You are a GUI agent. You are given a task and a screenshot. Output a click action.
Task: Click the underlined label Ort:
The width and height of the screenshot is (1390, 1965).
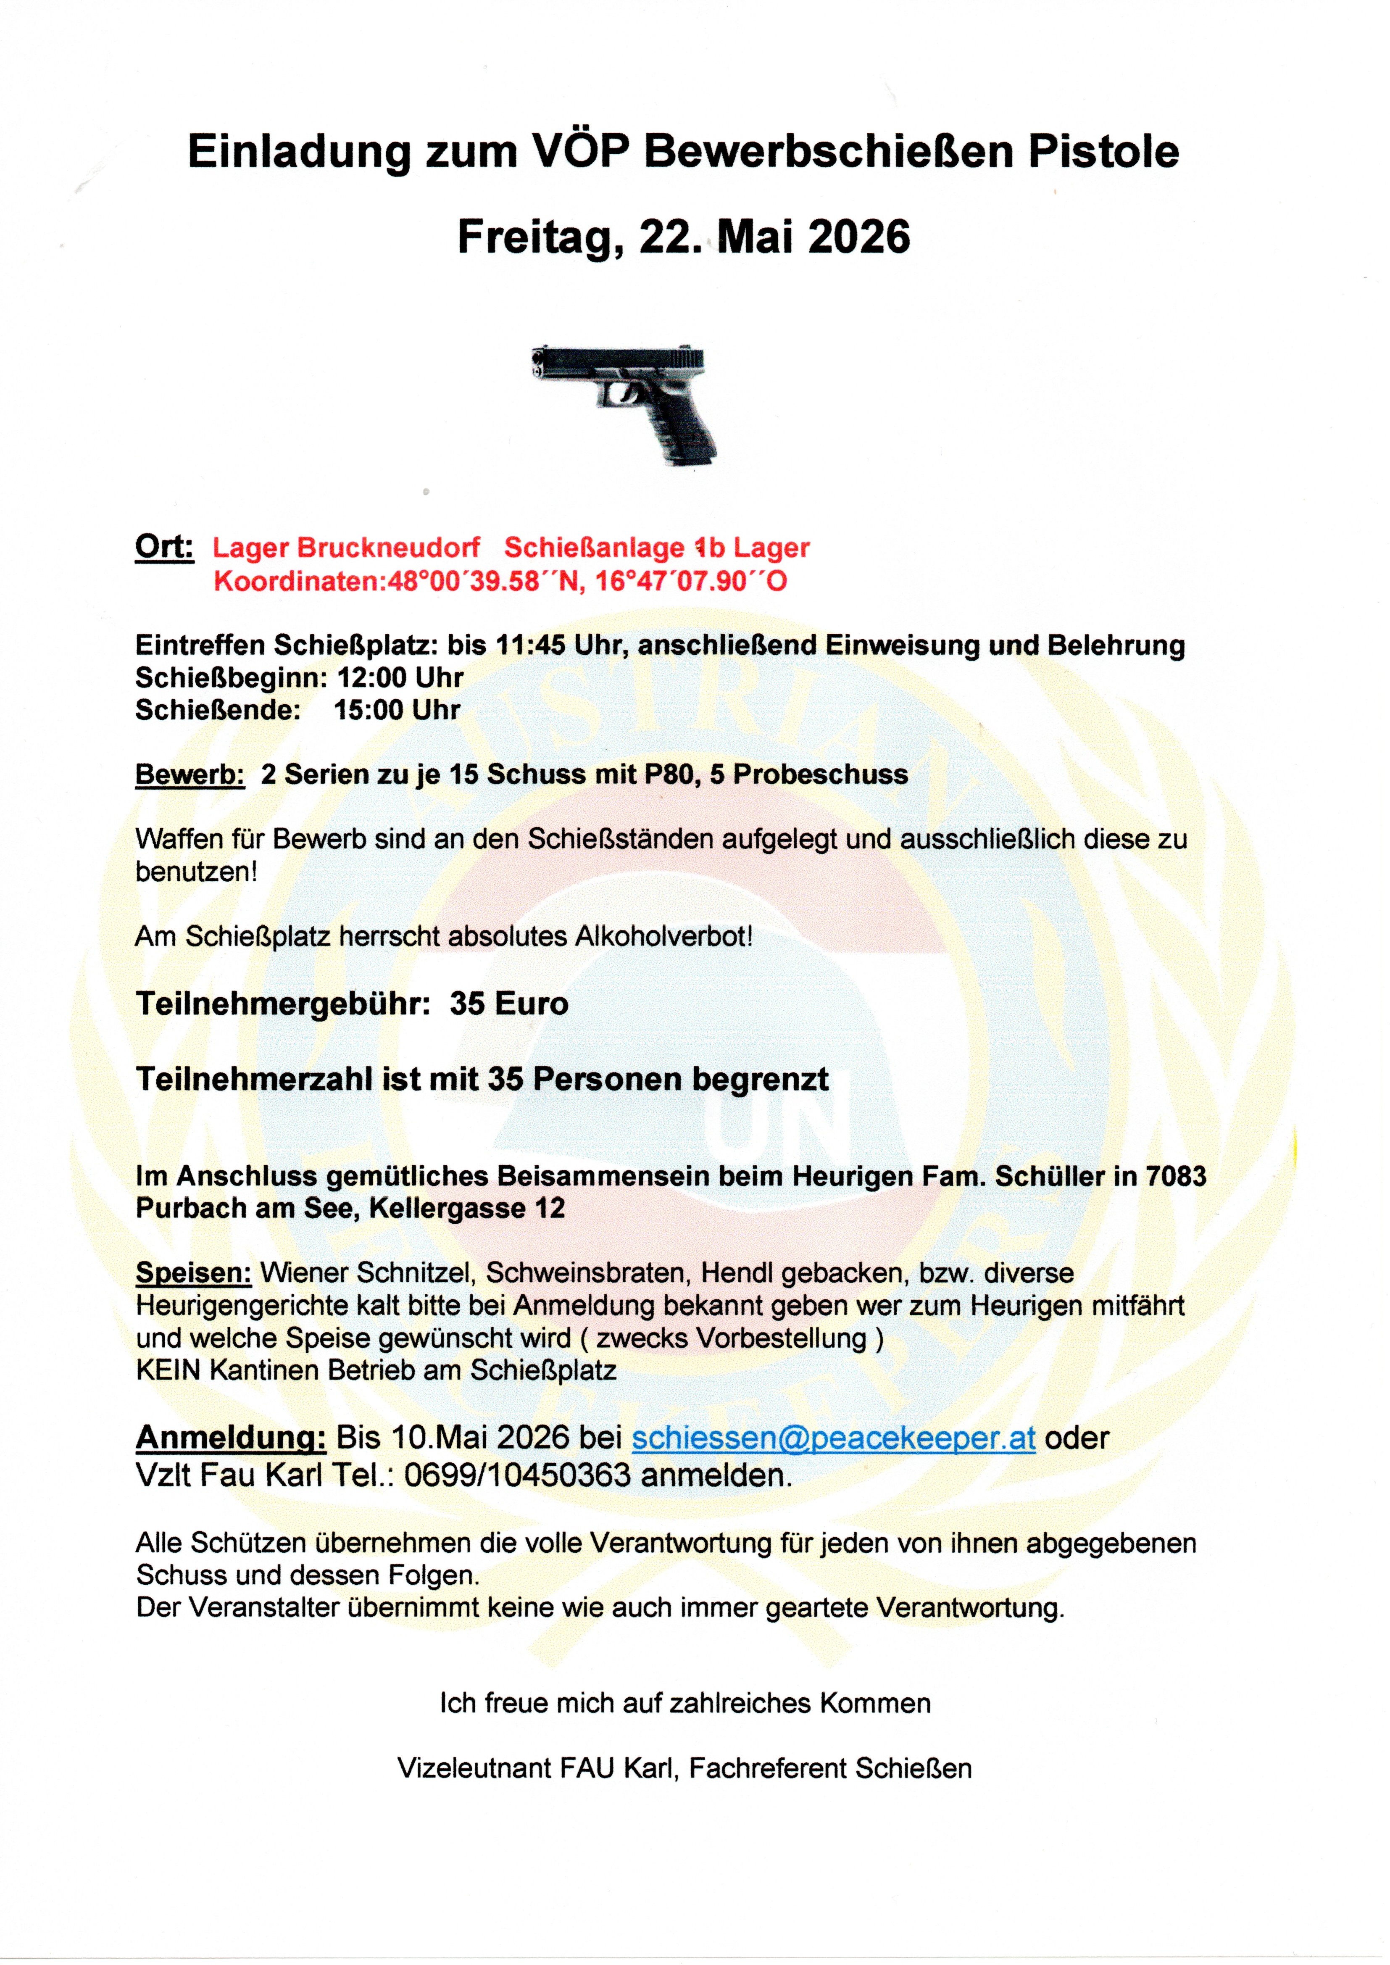pos(164,546)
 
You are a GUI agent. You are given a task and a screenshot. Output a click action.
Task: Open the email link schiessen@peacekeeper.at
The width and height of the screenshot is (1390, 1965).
pos(833,1438)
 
